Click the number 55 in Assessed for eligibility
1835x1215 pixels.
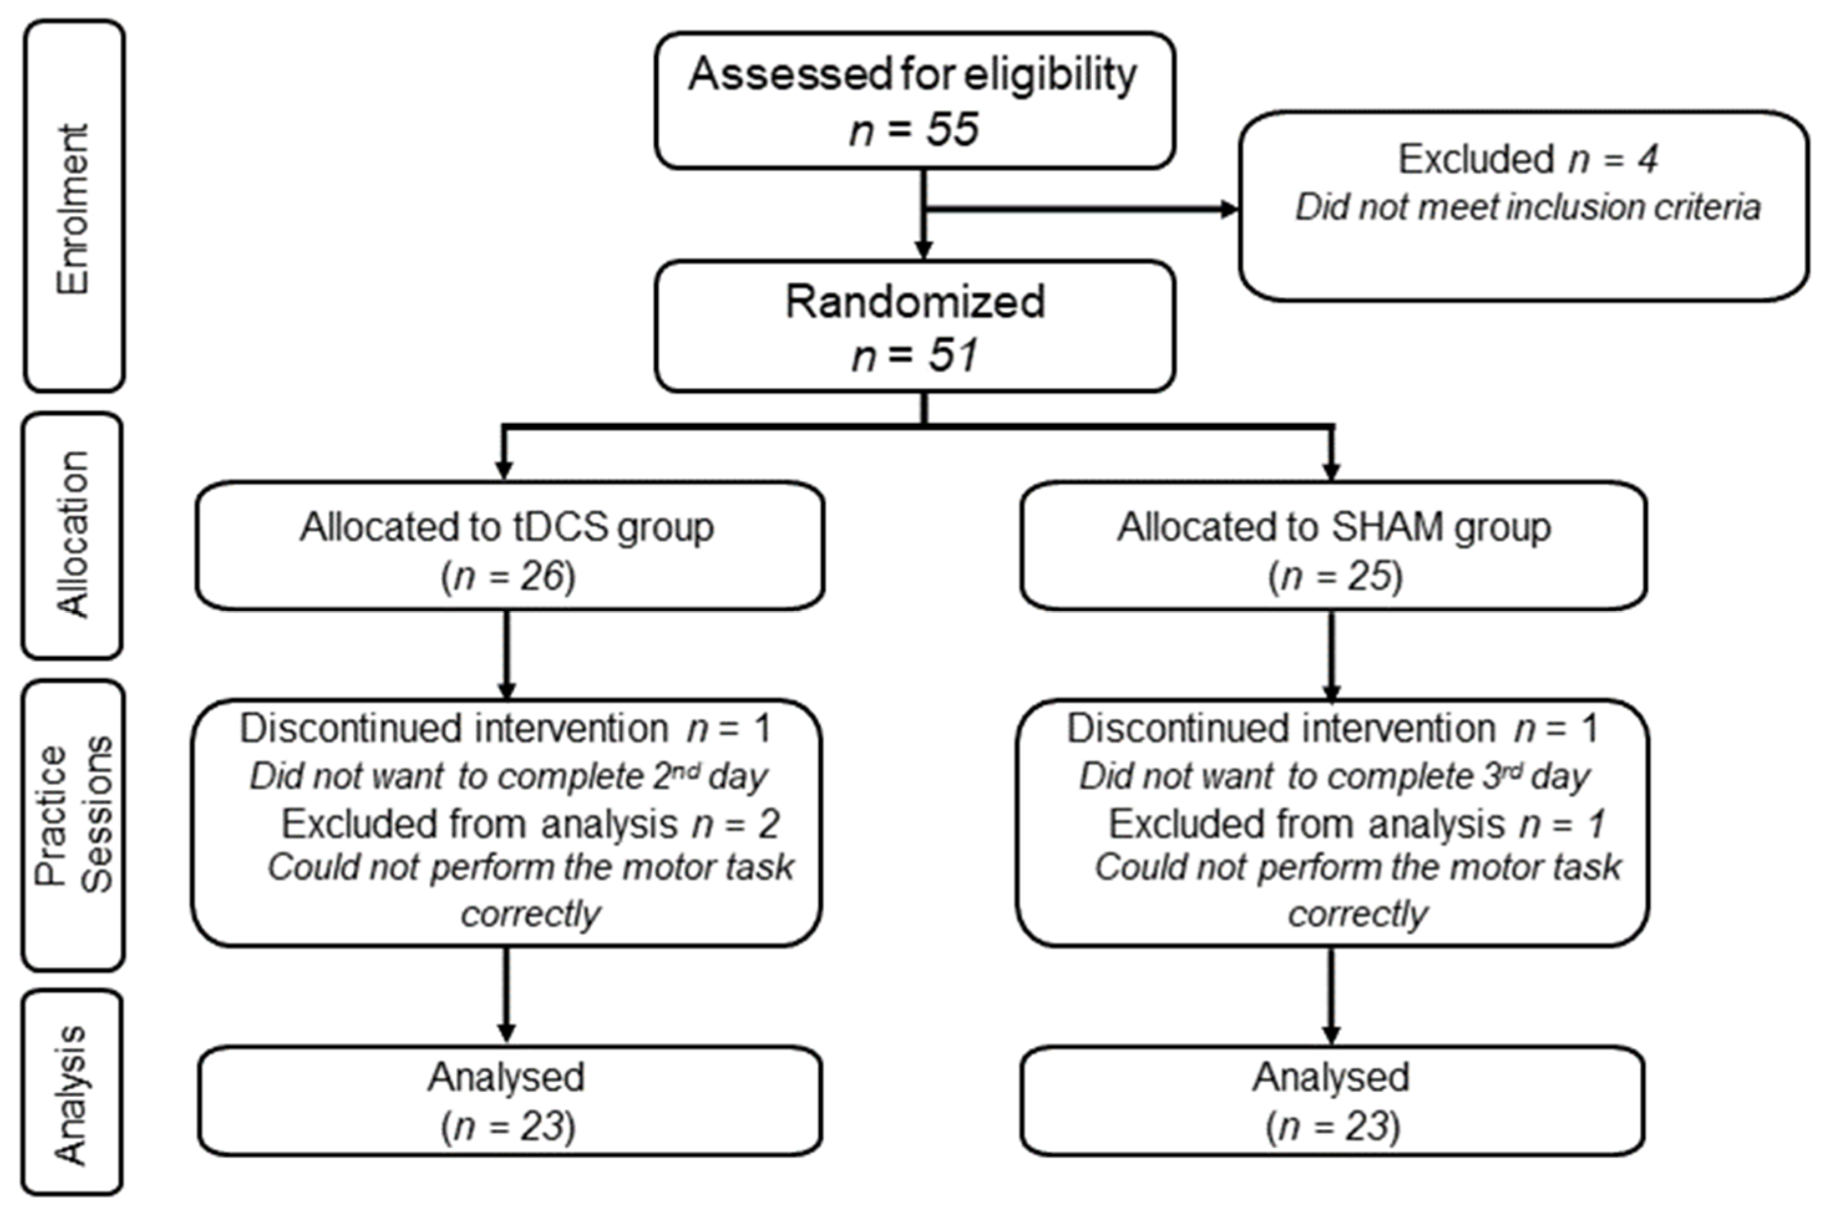(x=953, y=129)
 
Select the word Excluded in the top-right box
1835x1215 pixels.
(x=1476, y=159)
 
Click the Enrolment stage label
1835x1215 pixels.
(x=73, y=209)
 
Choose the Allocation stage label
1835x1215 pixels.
(x=73, y=535)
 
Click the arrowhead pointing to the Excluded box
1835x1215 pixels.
(x=1229, y=209)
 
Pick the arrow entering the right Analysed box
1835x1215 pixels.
(x=1331, y=1000)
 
